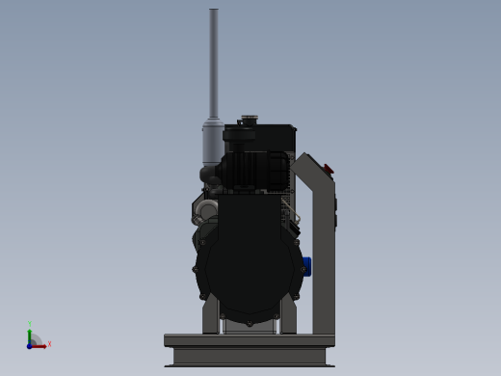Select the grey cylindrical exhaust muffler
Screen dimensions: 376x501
pyautogui.click(x=212, y=143)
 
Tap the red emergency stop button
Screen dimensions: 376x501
pyautogui.click(x=329, y=170)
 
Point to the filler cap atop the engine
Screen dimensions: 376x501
pyautogui.click(x=250, y=120)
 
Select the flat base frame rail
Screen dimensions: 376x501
pyautogui.click(x=250, y=340)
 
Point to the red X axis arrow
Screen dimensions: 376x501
pyautogui.click(x=40, y=345)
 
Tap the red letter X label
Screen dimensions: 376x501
pyautogui.click(x=49, y=343)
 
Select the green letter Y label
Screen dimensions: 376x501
pyautogui.click(x=30, y=323)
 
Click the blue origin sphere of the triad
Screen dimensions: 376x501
pyautogui.click(x=31, y=344)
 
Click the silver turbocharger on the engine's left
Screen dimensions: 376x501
pyautogui.click(x=204, y=209)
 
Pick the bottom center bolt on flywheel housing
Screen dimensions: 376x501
pyautogui.click(x=249, y=322)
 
